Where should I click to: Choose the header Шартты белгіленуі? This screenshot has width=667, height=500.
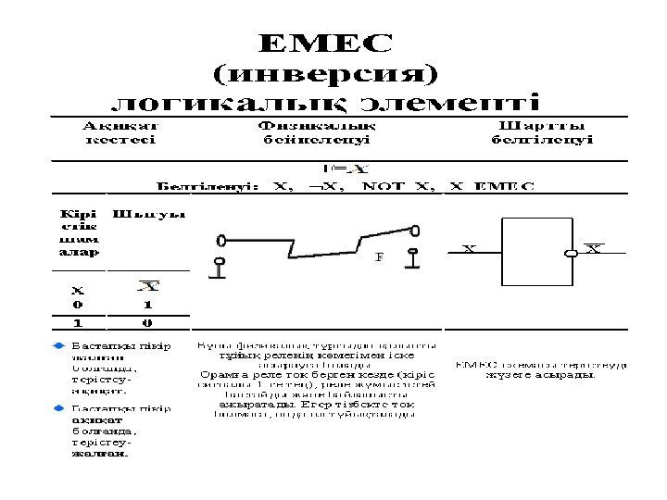click(x=542, y=132)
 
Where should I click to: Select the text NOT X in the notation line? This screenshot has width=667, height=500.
click(x=399, y=186)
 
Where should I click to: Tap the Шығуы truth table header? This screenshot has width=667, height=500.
click(x=149, y=214)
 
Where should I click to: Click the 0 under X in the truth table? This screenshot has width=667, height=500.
click(x=78, y=304)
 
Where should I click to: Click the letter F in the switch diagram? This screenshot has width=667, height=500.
click(x=378, y=258)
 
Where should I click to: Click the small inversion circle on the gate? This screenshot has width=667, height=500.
click(x=572, y=251)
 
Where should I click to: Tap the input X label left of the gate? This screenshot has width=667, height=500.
click(x=469, y=249)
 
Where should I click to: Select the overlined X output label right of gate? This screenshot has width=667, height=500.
click(x=593, y=248)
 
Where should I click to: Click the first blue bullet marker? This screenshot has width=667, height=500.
click(x=57, y=344)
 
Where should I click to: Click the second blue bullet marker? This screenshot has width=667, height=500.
click(x=57, y=406)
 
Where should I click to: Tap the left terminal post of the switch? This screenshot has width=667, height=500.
click(x=220, y=265)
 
